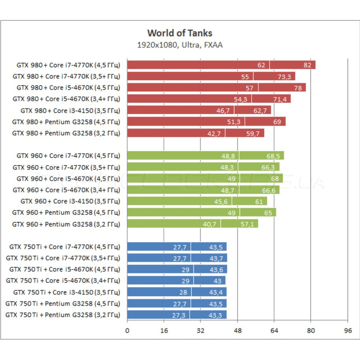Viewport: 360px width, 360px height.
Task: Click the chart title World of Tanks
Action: [x=179, y=33]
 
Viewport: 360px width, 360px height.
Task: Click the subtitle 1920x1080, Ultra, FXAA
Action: [x=179, y=45]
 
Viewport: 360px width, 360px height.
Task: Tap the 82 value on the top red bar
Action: [x=308, y=65]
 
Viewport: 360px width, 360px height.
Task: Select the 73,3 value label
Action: [x=284, y=76]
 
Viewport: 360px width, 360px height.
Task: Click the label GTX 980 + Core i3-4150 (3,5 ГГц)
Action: [x=70, y=110]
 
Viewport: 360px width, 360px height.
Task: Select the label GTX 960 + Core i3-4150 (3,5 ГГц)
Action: [x=70, y=201]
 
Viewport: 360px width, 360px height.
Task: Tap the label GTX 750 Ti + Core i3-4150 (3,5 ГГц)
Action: [x=67, y=292]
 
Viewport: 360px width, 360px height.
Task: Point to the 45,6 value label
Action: [x=224, y=201]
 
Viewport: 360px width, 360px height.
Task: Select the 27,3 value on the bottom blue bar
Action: [x=179, y=314]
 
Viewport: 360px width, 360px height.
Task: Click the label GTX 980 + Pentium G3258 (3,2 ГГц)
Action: [x=66, y=133]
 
